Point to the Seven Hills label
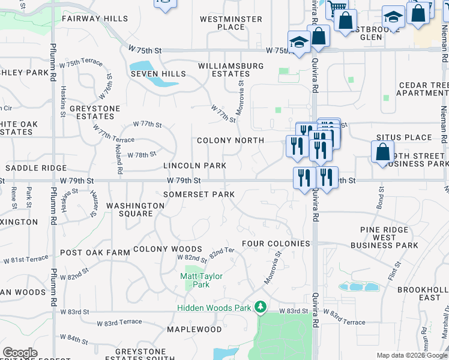pyautogui.click(x=158, y=74)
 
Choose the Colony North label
pyautogui.click(x=231, y=140)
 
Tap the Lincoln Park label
pyautogui.click(x=194, y=166)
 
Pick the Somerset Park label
pyautogui.click(x=199, y=194)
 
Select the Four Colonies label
pyautogui.click(x=276, y=244)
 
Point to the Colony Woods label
pyautogui.click(x=167, y=248)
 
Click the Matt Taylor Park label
pyautogui.click(x=202, y=280)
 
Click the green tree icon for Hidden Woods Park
pyautogui.click(x=260, y=307)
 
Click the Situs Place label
pyautogui.click(x=404, y=137)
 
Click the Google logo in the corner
pyautogui.click(x=20, y=353)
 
